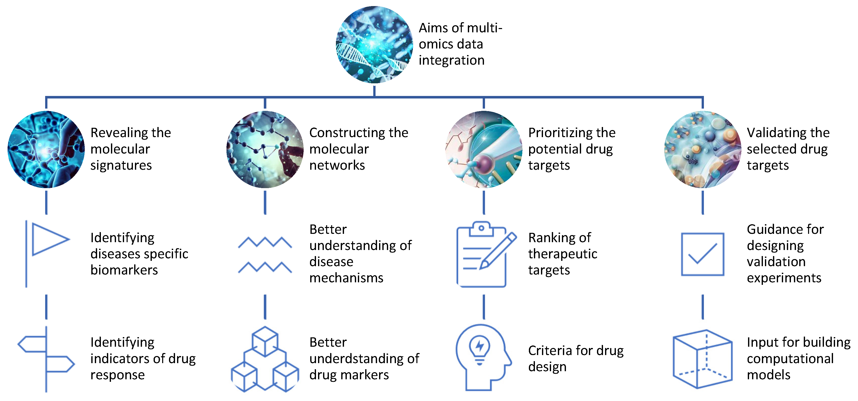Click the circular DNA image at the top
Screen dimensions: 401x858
(x=374, y=44)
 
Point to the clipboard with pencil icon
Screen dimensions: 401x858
(x=485, y=254)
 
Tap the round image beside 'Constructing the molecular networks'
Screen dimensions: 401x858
(x=265, y=149)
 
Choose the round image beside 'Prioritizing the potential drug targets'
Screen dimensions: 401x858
(x=484, y=149)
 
